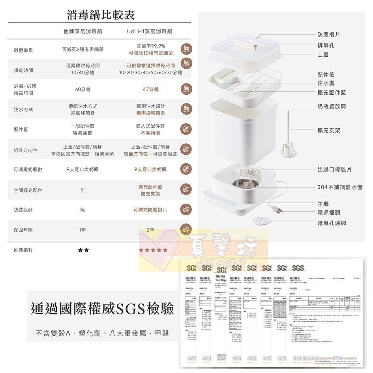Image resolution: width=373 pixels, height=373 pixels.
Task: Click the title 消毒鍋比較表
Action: click(x=101, y=15)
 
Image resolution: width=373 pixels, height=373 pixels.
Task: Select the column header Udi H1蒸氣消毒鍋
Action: click(x=150, y=31)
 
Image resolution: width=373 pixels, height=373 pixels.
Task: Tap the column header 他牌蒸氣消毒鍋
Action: click(x=82, y=31)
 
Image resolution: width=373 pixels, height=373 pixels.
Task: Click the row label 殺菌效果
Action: click(x=23, y=51)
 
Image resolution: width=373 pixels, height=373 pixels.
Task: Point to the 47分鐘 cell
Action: click(x=150, y=90)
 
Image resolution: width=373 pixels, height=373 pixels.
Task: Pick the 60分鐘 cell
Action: click(x=82, y=90)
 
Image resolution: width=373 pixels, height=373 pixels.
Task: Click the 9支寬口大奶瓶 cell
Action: click(x=150, y=170)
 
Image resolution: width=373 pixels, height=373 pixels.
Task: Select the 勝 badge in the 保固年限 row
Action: click(x=186, y=229)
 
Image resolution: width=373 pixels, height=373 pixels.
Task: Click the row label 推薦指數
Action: click(x=23, y=250)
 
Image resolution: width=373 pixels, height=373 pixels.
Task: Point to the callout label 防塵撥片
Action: click(x=329, y=35)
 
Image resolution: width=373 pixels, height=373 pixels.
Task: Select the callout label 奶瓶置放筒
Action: click(x=332, y=107)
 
